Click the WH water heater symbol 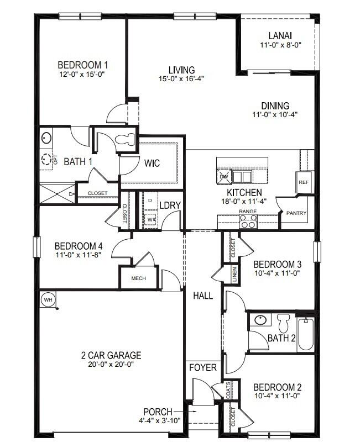(48, 300)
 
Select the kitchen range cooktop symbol (248, 221)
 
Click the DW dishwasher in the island (224, 177)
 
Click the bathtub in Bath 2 (306, 334)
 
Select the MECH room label (138, 278)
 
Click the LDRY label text (170, 205)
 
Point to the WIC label (153, 164)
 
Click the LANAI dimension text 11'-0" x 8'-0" (280, 45)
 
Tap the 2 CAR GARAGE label (111, 355)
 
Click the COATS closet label (228, 390)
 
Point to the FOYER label (203, 368)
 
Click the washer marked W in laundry (150, 219)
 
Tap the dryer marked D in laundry (150, 200)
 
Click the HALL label (203, 296)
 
